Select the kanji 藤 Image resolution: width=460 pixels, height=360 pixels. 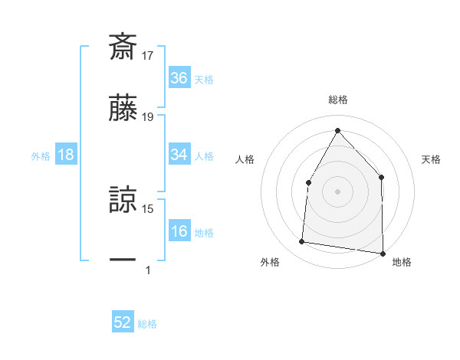click(x=123, y=107)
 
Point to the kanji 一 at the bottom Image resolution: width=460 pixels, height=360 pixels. click(x=123, y=260)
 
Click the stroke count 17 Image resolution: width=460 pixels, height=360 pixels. click(x=148, y=55)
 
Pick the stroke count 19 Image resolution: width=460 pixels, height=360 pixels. click(x=148, y=116)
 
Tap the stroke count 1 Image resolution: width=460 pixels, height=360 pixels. click(x=148, y=270)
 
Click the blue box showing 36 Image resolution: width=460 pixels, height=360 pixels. click(x=179, y=78)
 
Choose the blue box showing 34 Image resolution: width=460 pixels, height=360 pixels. click(x=179, y=155)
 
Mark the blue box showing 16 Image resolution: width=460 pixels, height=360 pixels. click(x=179, y=231)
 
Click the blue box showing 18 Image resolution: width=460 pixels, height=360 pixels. click(x=66, y=155)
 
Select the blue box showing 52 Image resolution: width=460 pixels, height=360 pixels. click(x=123, y=322)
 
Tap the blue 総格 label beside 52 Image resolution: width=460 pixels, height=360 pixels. click(x=147, y=324)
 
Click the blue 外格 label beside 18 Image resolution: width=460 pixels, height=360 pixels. click(x=41, y=156)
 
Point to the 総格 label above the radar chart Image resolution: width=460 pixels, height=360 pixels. click(x=337, y=100)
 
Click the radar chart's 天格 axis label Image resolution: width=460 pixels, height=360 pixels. click(x=431, y=159)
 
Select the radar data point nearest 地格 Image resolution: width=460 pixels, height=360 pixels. click(x=383, y=253)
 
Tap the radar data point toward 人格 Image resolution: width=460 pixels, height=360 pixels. click(x=308, y=182)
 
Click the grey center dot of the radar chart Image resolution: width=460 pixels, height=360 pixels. click(x=337, y=191)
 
